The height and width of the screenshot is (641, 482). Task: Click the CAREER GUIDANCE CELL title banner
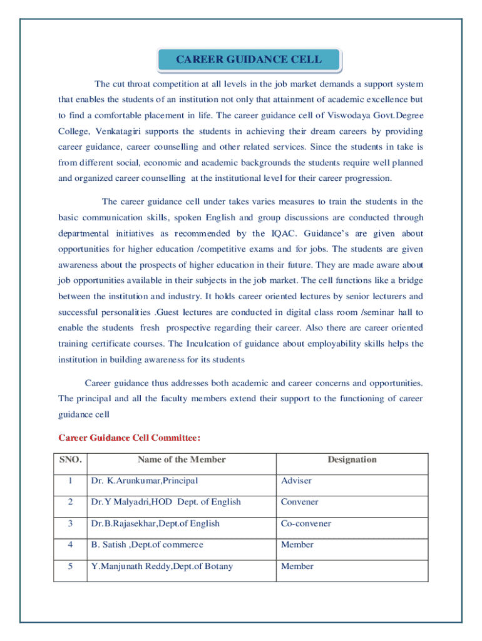pyautogui.click(x=249, y=60)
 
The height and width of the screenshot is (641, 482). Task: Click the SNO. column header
pyautogui.click(x=70, y=460)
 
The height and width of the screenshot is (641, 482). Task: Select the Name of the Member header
pyautogui.click(x=182, y=460)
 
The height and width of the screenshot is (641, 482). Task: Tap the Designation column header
pyautogui.click(x=352, y=460)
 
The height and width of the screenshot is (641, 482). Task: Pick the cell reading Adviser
pyautogui.click(x=296, y=481)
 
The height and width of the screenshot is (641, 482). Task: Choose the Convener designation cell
pyautogui.click(x=299, y=502)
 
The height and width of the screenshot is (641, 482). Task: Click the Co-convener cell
pyautogui.click(x=305, y=523)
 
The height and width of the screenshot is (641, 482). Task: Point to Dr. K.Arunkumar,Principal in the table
pyautogui.click(x=144, y=481)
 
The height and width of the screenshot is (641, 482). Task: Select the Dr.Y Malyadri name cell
pyautogui.click(x=165, y=502)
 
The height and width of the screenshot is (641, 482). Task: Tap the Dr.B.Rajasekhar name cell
pyautogui.click(x=155, y=523)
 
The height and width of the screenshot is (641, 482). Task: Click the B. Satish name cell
pyautogui.click(x=146, y=545)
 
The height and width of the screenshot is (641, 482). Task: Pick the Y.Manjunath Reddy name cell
pyautogui.click(x=162, y=567)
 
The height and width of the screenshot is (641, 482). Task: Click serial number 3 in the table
pyautogui.click(x=71, y=523)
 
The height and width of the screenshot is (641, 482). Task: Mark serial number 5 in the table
pyautogui.click(x=71, y=567)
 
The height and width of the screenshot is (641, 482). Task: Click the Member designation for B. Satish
pyautogui.click(x=297, y=545)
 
